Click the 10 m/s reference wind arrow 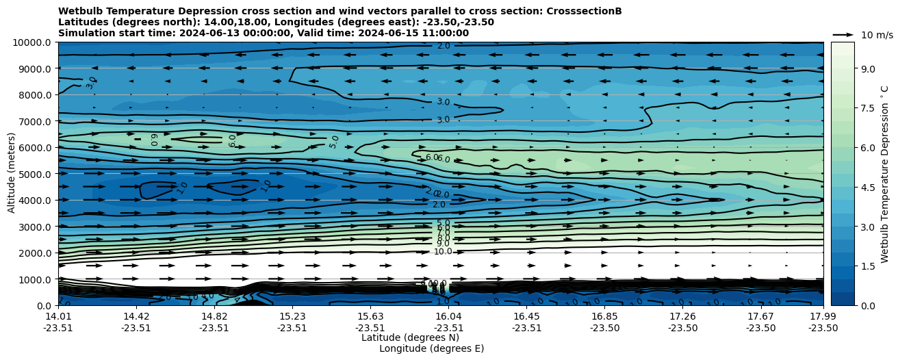pos(843,34)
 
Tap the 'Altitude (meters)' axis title pos(12,174)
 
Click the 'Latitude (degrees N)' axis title pos(410,337)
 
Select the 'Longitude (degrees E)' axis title pos(431,348)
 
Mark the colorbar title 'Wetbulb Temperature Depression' pos(885,174)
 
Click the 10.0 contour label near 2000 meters pos(443,252)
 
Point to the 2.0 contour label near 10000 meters pos(444,46)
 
